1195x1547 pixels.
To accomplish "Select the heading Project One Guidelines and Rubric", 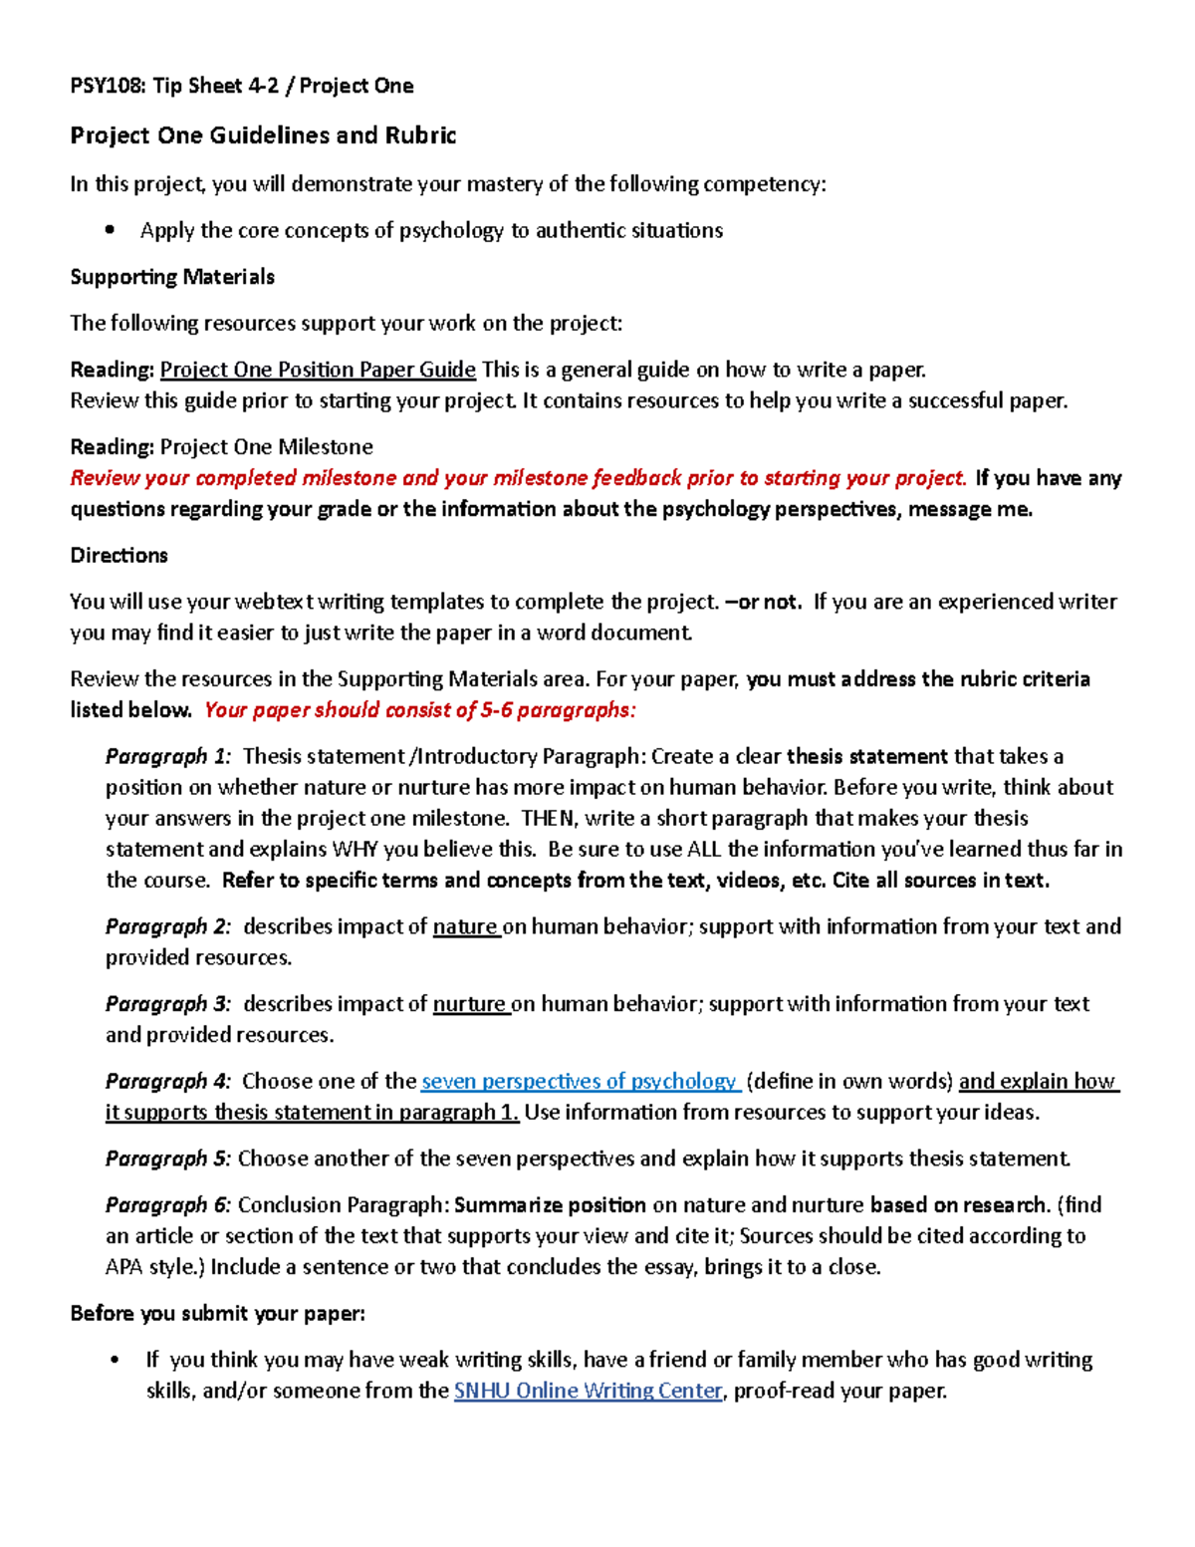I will click(x=263, y=135).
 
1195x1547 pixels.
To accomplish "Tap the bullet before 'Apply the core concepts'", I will click(x=111, y=230).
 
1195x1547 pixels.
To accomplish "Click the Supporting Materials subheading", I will click(x=172, y=277).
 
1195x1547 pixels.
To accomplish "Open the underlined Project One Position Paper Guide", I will click(x=318, y=370).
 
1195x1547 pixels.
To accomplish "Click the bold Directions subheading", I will click(x=119, y=555).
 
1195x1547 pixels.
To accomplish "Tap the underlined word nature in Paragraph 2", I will click(x=466, y=926).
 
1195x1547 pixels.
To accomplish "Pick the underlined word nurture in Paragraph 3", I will click(x=470, y=1004).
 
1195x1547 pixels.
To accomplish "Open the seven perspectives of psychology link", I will click(x=580, y=1082).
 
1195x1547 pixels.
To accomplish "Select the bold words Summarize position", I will click(x=550, y=1205).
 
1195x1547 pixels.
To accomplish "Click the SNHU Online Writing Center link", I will click(x=588, y=1391).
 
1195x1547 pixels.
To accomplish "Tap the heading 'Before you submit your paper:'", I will click(x=217, y=1314).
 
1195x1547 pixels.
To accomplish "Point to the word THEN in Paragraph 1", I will click(x=547, y=818).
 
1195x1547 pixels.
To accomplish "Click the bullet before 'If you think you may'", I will click(x=117, y=1361).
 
